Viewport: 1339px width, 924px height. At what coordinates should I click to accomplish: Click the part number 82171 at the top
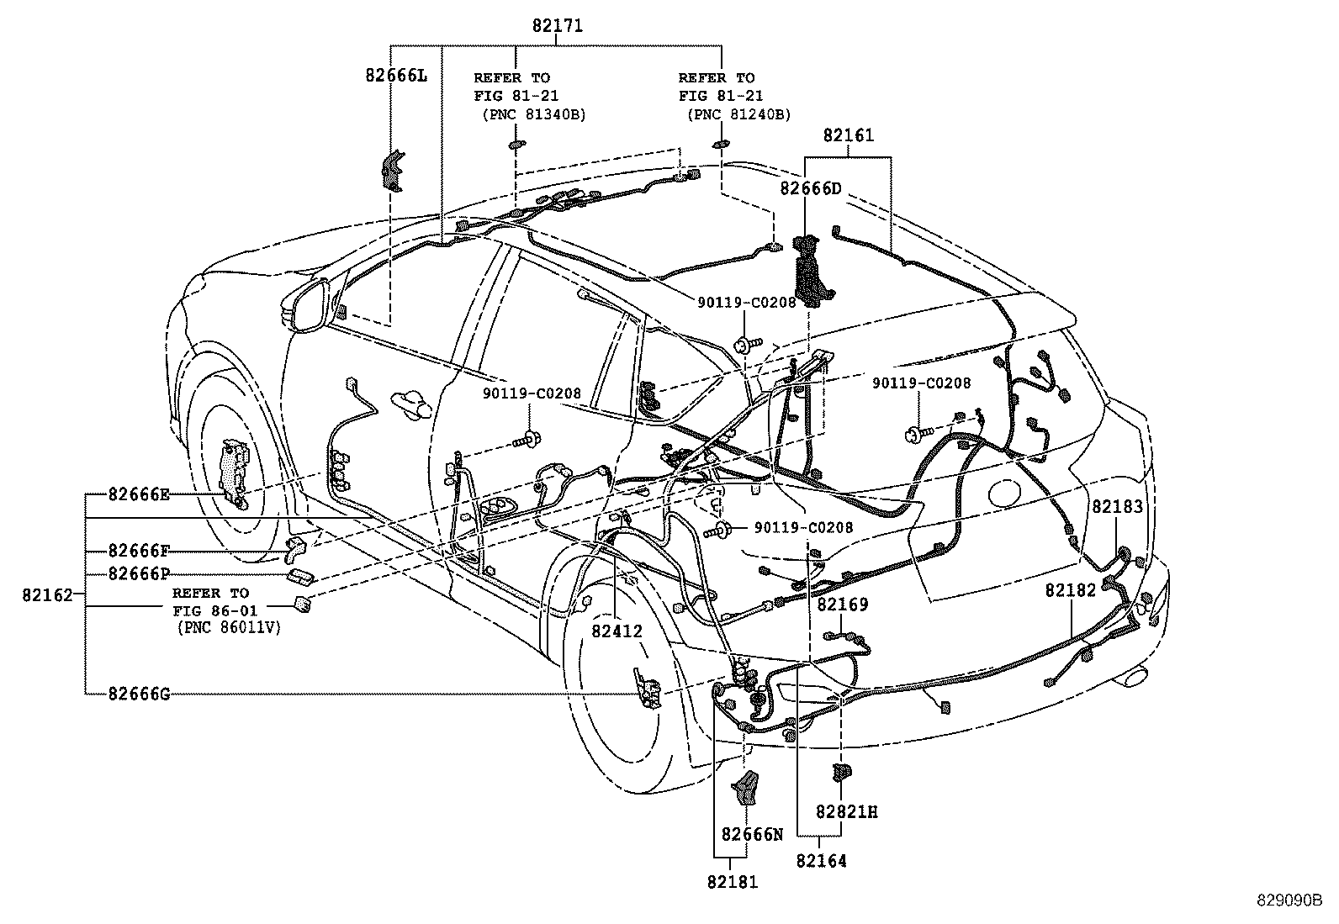click(557, 26)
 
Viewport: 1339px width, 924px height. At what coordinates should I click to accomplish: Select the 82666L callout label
click(396, 76)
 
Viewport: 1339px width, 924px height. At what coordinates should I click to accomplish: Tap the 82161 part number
click(849, 135)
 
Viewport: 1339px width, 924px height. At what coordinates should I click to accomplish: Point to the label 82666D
click(811, 188)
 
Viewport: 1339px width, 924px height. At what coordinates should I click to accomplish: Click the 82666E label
click(139, 494)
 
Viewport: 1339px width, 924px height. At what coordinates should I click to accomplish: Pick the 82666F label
click(139, 550)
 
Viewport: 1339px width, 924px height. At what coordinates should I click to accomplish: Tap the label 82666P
click(139, 573)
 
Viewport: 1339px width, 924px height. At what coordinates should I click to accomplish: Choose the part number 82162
click(47, 594)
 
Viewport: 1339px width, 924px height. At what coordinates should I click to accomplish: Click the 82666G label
click(139, 694)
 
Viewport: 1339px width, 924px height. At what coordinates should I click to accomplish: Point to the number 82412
click(617, 631)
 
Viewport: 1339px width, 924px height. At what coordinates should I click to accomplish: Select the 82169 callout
click(842, 605)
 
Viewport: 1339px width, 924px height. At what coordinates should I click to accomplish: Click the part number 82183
click(1117, 506)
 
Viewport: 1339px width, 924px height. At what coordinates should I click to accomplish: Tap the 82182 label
click(1071, 590)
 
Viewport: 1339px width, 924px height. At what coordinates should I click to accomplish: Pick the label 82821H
click(846, 811)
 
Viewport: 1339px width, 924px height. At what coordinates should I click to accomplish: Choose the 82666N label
click(752, 834)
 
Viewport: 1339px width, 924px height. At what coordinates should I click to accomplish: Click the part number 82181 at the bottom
click(733, 882)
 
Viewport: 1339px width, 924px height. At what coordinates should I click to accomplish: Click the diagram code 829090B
click(1289, 900)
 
